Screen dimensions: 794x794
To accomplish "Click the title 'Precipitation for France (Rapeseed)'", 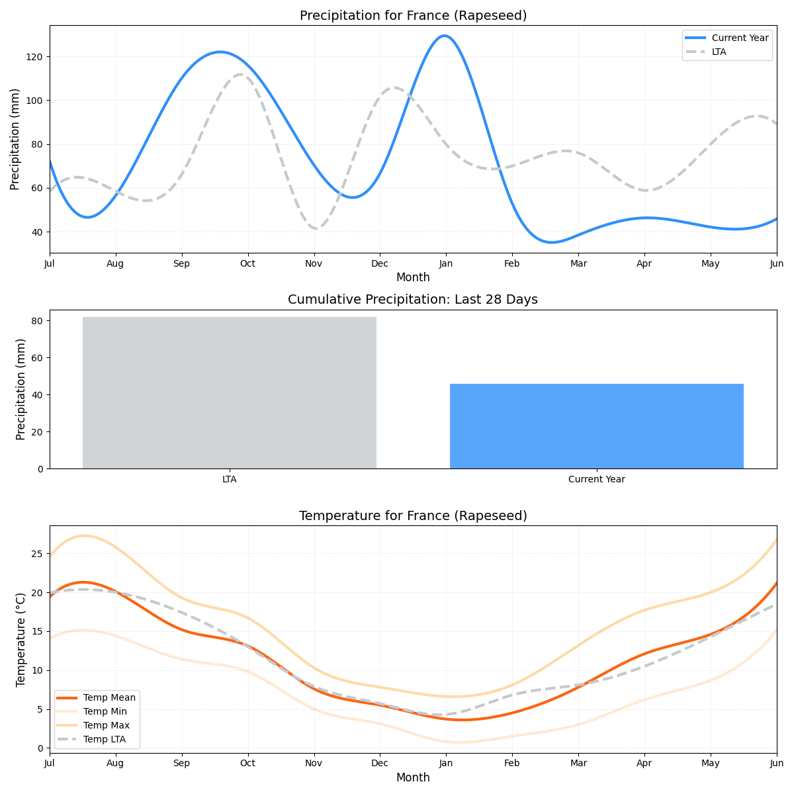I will click(413, 16).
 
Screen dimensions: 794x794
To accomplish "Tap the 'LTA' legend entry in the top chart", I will click(719, 52).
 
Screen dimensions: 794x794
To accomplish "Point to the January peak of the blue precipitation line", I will click(444, 36).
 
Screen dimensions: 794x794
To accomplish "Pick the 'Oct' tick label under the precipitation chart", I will click(247, 264).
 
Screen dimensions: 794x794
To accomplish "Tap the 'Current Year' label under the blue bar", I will click(596, 480).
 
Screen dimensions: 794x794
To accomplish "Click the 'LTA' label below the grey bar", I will click(229, 480).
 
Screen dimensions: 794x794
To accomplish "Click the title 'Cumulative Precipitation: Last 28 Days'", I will click(413, 300).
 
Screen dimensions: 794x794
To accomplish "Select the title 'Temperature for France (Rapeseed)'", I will click(413, 516).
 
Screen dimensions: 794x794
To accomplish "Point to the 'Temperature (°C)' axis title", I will click(21, 639).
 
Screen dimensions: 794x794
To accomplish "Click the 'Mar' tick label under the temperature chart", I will click(578, 764).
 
